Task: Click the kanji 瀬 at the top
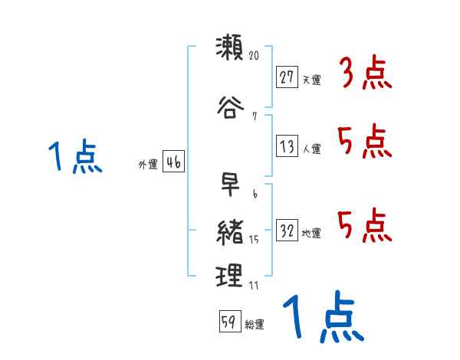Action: [x=229, y=49]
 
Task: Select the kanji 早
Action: [x=229, y=187]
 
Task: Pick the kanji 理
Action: [x=229, y=276]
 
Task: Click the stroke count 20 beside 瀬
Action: [x=255, y=56]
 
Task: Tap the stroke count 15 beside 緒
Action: [x=254, y=241]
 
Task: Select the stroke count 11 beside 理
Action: [x=254, y=286]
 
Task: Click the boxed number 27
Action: [x=287, y=77]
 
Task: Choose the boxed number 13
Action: [x=287, y=146]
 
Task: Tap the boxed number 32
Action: [x=287, y=231]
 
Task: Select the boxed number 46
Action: [x=172, y=162]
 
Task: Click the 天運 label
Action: [x=311, y=80]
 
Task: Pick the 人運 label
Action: [x=311, y=149]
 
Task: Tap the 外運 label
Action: [x=148, y=164]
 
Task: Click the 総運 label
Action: [x=255, y=325]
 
